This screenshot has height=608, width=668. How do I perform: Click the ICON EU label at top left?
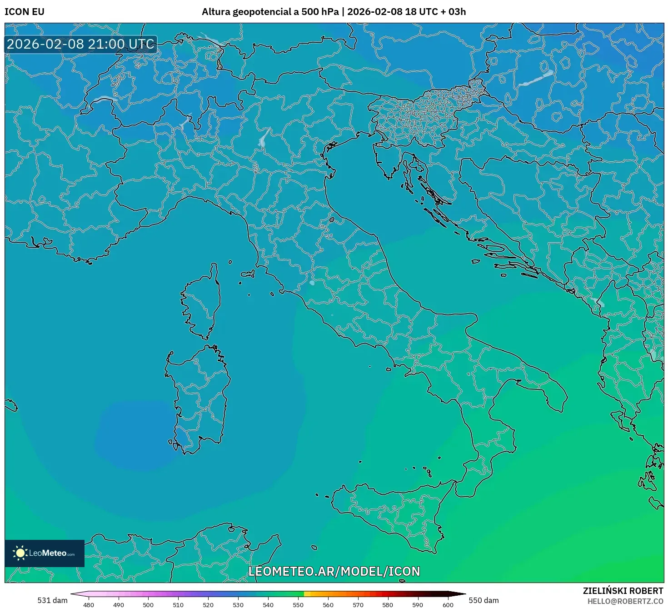[25, 12]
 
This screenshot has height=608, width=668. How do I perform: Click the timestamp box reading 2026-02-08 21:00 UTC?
[81, 44]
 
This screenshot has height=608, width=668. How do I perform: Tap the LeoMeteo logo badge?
[45, 553]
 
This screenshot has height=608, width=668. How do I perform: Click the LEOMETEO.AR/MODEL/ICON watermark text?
[334, 571]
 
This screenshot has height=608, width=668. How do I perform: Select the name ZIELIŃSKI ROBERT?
[623, 591]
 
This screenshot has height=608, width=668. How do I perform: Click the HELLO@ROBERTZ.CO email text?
[625, 601]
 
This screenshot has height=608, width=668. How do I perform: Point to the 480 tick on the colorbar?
[89, 604]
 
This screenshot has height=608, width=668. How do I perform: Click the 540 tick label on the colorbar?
[268, 604]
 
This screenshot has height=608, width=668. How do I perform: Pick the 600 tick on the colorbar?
[448, 604]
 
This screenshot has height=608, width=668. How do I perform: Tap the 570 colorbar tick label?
[358, 604]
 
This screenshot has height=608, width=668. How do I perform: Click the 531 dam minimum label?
[52, 600]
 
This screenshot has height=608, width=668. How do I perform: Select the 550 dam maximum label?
[484, 600]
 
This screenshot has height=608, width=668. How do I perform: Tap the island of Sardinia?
[200, 400]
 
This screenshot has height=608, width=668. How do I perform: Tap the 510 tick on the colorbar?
[178, 604]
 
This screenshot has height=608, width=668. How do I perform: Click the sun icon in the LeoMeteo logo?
[20, 553]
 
